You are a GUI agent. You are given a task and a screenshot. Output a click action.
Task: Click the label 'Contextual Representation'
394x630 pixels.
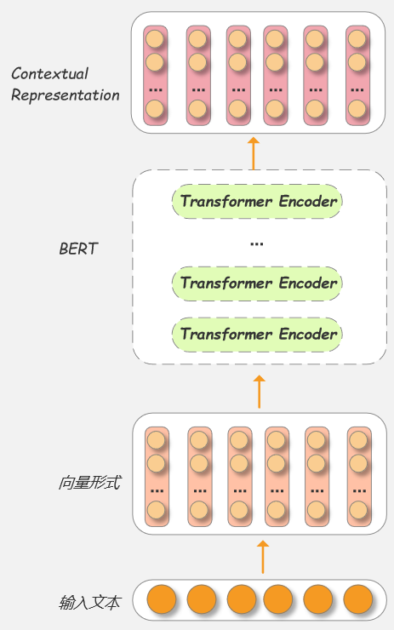65,84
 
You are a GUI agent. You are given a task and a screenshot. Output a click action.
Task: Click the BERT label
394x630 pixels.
78,249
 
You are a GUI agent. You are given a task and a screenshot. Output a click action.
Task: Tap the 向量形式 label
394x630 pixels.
89,483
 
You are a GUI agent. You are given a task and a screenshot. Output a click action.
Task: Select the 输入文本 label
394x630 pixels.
89,604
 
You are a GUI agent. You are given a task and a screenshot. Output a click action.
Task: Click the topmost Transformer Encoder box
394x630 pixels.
259,202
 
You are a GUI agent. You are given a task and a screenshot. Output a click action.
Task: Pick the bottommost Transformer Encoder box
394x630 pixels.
259,334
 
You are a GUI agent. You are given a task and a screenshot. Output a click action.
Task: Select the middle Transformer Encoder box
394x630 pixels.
259,283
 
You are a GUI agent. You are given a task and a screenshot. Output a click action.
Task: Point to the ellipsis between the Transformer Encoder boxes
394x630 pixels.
257,243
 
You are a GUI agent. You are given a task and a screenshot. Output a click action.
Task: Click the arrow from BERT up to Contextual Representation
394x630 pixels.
253,152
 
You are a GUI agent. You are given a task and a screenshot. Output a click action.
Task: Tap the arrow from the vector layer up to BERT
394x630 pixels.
260,391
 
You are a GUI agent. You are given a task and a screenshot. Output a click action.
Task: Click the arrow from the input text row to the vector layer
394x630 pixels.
263,556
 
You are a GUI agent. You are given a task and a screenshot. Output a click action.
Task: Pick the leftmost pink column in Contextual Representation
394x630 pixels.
155,76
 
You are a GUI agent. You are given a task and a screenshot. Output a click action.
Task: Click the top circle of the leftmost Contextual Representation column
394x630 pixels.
155,39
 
